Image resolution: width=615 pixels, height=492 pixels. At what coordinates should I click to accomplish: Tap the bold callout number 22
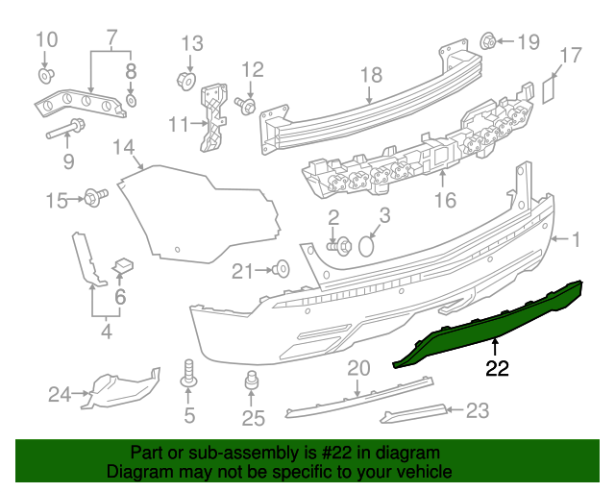point(497,368)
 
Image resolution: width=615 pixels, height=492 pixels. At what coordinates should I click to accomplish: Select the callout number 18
point(371,75)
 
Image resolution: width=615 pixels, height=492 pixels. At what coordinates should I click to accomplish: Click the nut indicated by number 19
point(488,40)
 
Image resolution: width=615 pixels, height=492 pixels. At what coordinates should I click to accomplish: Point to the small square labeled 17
point(549,91)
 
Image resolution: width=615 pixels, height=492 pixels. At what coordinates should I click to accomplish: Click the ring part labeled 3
point(366,246)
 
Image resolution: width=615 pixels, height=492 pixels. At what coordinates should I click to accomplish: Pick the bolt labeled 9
point(66,129)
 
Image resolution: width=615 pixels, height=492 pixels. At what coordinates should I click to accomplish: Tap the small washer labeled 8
point(132,101)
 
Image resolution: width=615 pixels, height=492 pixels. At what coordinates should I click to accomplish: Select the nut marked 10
point(46,75)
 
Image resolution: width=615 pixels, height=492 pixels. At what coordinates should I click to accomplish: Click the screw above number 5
point(188,373)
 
